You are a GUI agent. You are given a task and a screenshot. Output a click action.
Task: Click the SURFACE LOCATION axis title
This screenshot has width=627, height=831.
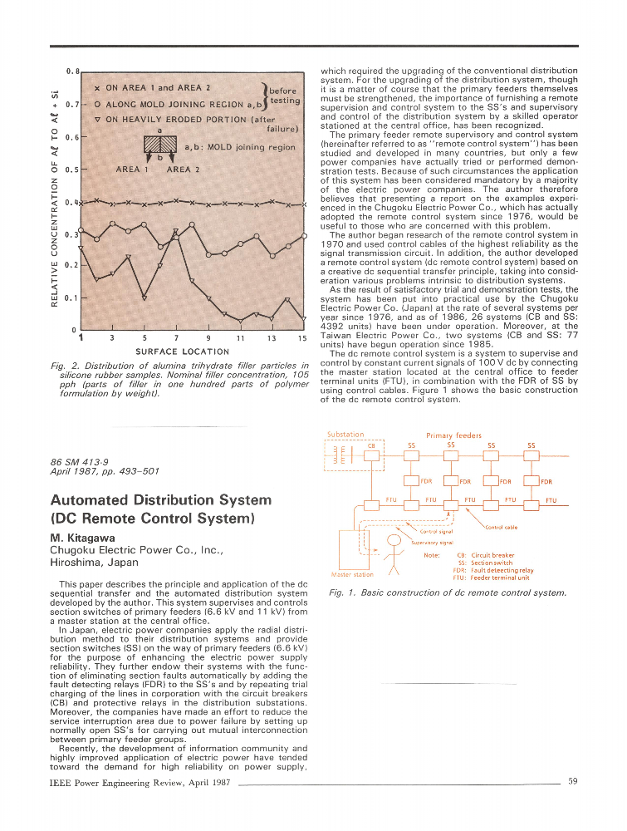(182, 352)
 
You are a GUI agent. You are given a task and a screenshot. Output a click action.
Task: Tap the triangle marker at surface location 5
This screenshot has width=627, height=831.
(145, 297)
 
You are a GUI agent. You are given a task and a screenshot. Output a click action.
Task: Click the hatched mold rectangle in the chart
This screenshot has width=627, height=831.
(161, 145)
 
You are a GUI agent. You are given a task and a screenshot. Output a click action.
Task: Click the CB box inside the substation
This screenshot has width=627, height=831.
(371, 455)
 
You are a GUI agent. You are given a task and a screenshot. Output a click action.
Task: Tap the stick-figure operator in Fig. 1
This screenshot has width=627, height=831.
(396, 558)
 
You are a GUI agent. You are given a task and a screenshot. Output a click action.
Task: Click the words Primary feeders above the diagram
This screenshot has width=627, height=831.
(453, 435)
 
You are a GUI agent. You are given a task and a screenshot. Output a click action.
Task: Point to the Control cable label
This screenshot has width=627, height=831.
(501, 527)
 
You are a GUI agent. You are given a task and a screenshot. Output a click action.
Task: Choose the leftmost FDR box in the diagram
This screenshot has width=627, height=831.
(411, 480)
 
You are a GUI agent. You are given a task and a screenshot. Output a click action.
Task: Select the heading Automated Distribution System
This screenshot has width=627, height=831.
(160, 500)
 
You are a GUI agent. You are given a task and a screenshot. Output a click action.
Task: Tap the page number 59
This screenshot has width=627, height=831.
(572, 781)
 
